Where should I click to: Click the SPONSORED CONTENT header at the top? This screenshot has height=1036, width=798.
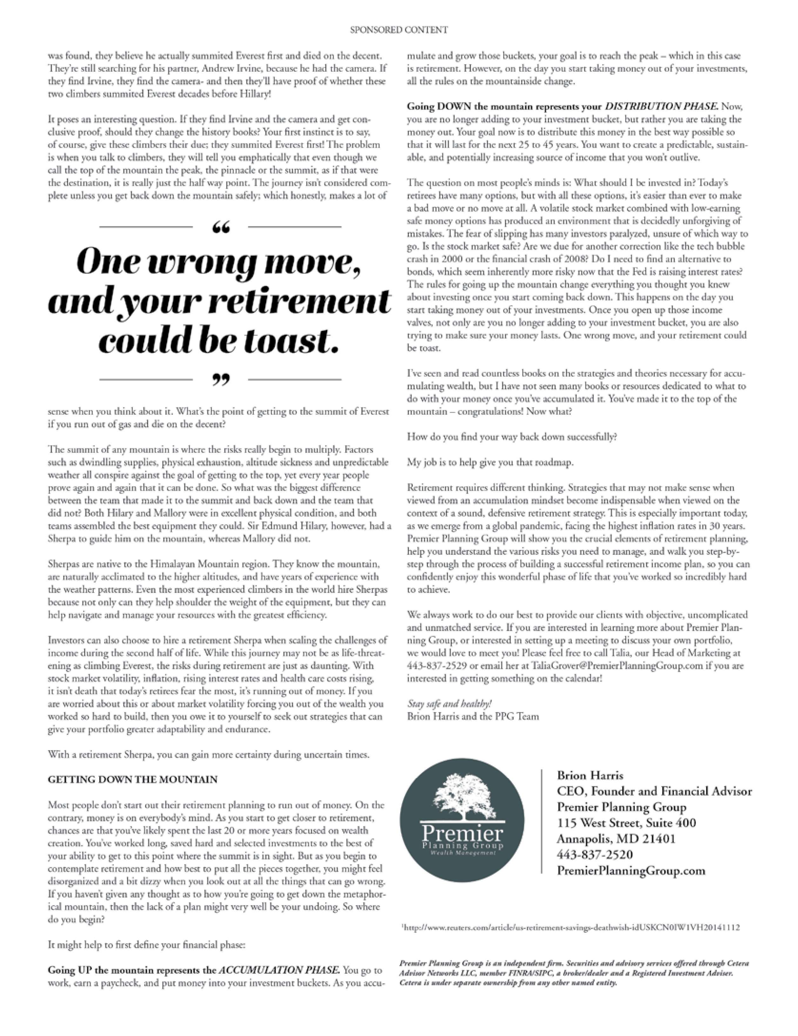pos(399,30)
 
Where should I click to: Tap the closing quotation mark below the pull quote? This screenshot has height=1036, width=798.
pos(220,380)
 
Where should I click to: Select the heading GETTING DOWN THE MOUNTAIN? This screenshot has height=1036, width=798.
pos(132,780)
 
